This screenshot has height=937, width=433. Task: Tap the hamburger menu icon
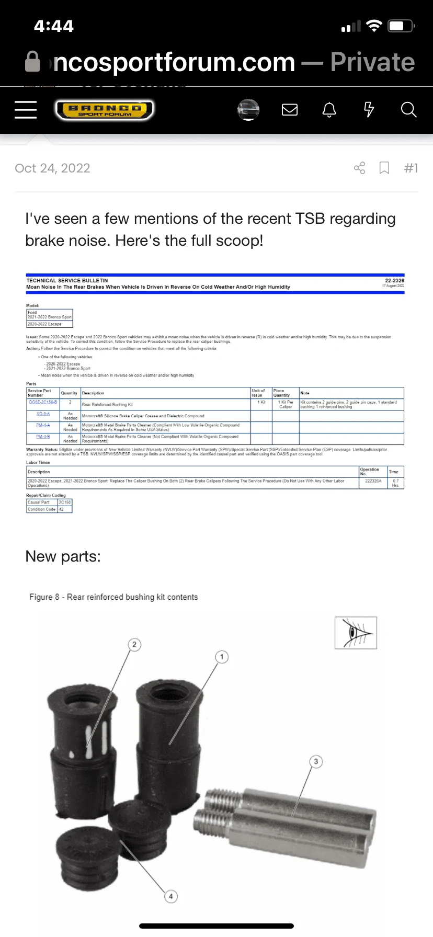26,110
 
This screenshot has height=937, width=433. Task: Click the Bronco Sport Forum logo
105,110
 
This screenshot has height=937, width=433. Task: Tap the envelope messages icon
290,110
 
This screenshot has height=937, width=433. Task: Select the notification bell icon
329,110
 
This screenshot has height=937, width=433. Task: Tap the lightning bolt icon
369,110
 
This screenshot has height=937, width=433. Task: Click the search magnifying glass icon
408,110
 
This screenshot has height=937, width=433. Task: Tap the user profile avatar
248,110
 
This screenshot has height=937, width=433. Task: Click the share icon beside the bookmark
360,168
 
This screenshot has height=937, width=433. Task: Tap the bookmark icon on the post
384,168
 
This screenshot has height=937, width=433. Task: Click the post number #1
411,168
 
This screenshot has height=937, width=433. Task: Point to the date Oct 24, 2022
52,168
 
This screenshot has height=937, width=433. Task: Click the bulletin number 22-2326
394,280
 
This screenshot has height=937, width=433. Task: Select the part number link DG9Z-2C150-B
43,402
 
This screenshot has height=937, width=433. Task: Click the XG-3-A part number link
43,414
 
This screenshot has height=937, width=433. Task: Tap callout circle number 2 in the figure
134,644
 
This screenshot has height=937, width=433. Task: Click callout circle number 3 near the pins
316,761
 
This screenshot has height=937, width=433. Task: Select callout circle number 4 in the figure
171,896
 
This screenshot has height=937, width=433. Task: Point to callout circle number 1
222,657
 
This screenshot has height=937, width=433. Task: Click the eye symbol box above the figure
356,633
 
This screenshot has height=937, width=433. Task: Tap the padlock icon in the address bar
32,62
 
